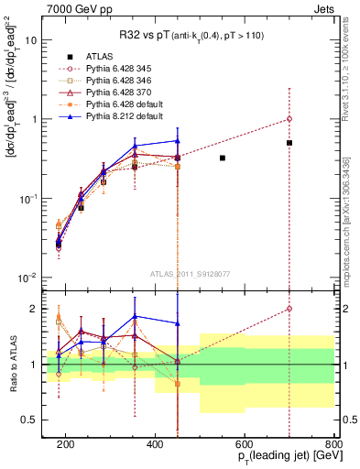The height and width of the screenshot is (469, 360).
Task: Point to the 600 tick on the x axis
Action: pyautogui.click(x=245, y=442)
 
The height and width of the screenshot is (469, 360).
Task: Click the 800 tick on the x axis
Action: pyautogui.click(x=333, y=442)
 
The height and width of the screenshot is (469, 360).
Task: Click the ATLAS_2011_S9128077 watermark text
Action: pyautogui.click(x=191, y=273)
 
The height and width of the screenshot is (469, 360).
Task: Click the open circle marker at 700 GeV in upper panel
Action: pyautogui.click(x=289, y=119)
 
